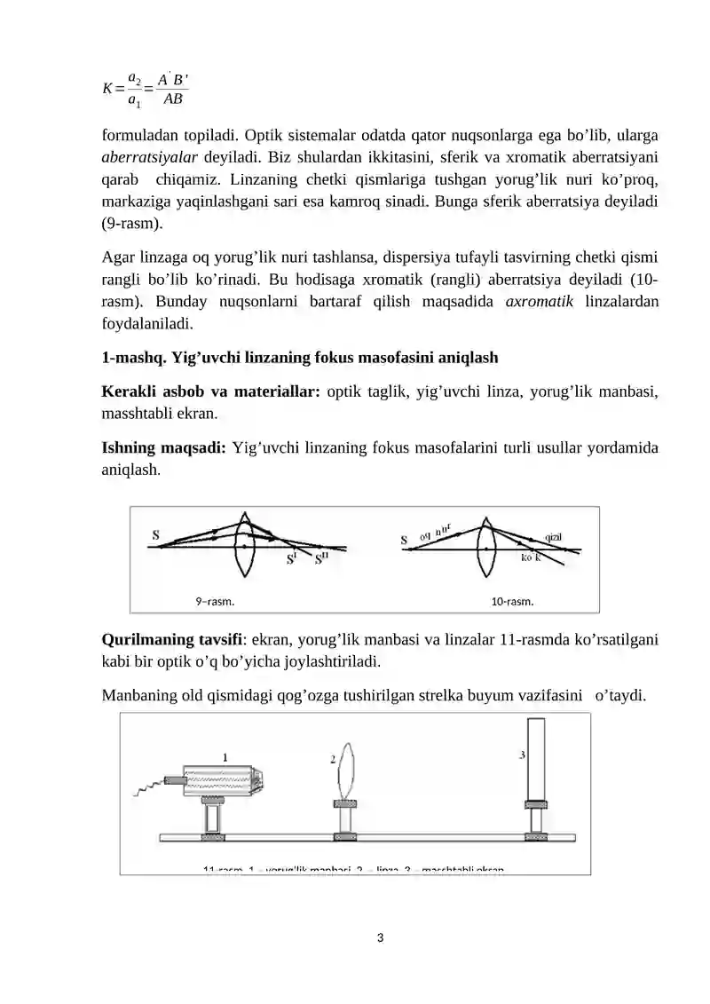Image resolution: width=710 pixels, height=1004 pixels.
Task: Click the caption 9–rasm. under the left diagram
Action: (215, 602)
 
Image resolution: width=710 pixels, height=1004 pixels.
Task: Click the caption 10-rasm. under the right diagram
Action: (512, 602)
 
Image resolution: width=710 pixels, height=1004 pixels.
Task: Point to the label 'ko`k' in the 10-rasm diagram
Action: (531, 557)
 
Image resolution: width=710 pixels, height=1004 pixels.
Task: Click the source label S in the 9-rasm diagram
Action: (156, 535)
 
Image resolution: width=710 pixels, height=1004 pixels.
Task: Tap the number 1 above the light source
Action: (225, 757)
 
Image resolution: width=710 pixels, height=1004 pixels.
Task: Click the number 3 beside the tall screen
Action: (522, 755)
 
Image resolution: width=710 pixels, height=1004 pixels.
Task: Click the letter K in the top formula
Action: (108, 88)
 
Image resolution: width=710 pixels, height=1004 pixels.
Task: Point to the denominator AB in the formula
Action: (171, 99)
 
